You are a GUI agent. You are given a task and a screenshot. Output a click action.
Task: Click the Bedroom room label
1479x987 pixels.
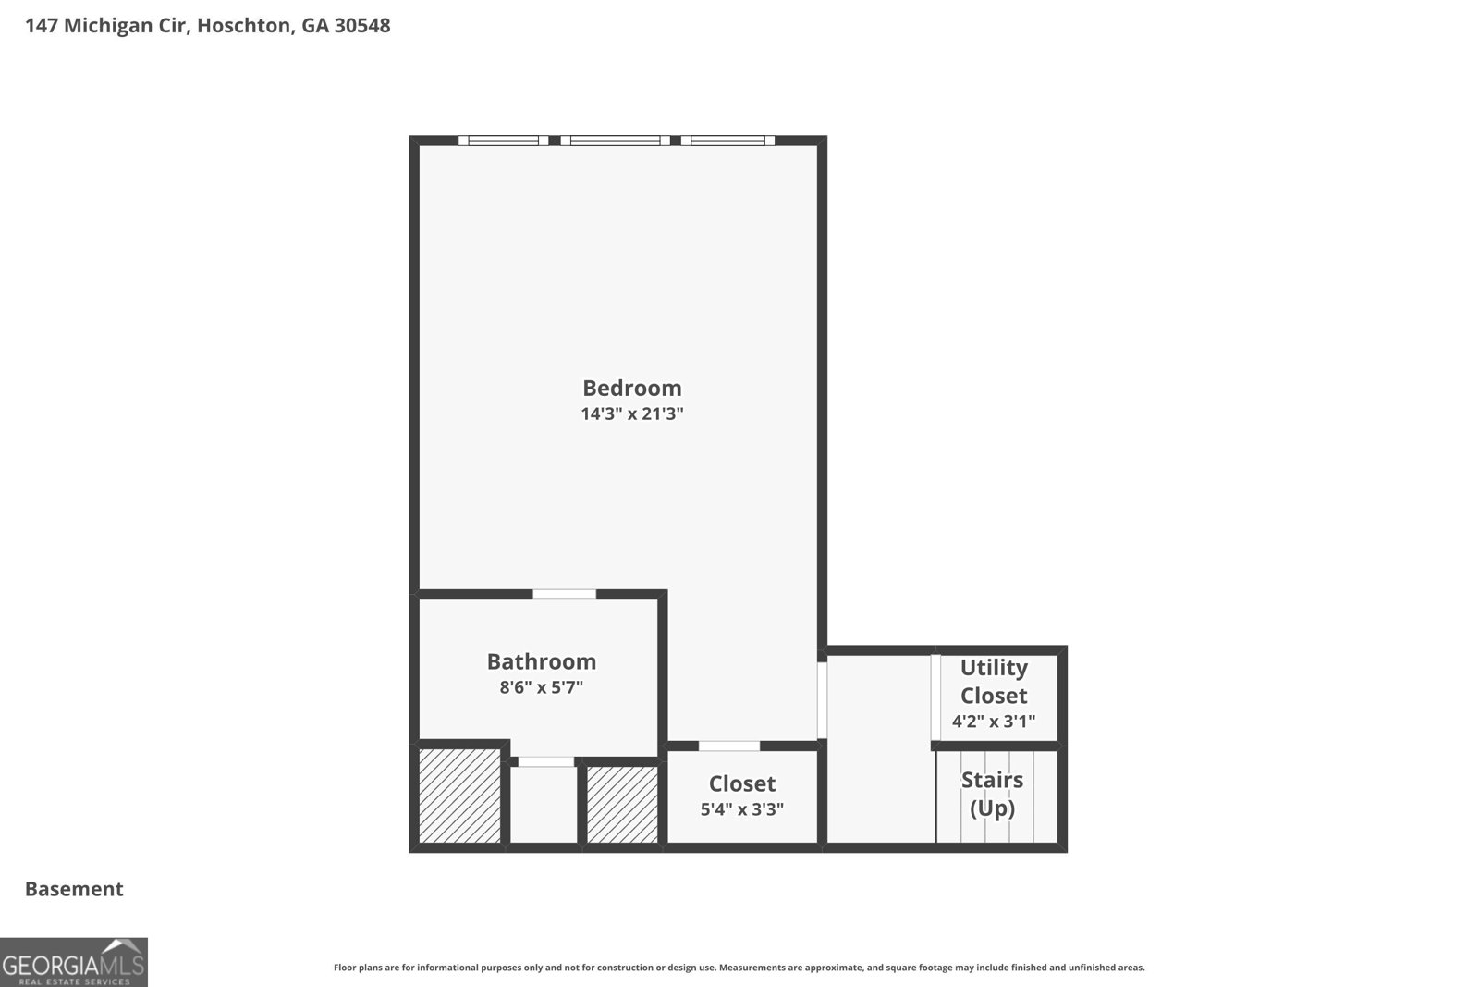click(632, 388)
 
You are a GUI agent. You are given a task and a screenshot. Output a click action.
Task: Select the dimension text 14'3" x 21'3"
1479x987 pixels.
click(632, 414)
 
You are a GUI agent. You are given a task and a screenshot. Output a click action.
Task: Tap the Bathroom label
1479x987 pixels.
click(542, 661)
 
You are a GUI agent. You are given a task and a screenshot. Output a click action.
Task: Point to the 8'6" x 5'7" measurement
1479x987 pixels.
click(542, 687)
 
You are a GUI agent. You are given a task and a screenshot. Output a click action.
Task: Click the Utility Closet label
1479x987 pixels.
click(994, 681)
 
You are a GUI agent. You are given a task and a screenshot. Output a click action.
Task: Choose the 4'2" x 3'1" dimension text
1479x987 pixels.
click(994, 721)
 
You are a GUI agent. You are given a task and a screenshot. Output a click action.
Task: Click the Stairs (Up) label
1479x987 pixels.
click(993, 794)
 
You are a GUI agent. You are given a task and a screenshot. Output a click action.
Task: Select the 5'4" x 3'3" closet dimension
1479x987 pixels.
click(742, 809)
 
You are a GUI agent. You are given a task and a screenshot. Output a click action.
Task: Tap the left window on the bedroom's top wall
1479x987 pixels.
click(503, 140)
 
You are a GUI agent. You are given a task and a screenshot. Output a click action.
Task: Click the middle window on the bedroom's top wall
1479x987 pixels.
click(616, 140)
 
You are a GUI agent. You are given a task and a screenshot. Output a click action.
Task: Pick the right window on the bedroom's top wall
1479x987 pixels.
click(727, 140)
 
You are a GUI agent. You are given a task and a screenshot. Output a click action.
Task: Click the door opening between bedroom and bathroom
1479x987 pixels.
click(565, 595)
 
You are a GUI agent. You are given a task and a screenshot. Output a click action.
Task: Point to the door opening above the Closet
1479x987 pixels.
click(729, 746)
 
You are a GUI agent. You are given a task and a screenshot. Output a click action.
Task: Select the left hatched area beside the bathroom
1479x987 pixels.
click(460, 796)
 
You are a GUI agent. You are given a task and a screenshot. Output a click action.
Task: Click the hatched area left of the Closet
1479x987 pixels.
click(623, 805)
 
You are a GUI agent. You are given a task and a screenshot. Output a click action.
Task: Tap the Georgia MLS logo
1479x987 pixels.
click(73, 962)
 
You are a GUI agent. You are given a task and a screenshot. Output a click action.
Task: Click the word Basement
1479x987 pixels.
click(74, 889)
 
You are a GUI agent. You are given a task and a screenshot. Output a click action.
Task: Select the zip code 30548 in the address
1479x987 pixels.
click(362, 26)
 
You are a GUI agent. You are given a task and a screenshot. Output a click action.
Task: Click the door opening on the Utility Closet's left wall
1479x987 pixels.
click(935, 697)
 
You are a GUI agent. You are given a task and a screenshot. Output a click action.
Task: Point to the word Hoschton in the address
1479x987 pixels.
click(243, 26)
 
